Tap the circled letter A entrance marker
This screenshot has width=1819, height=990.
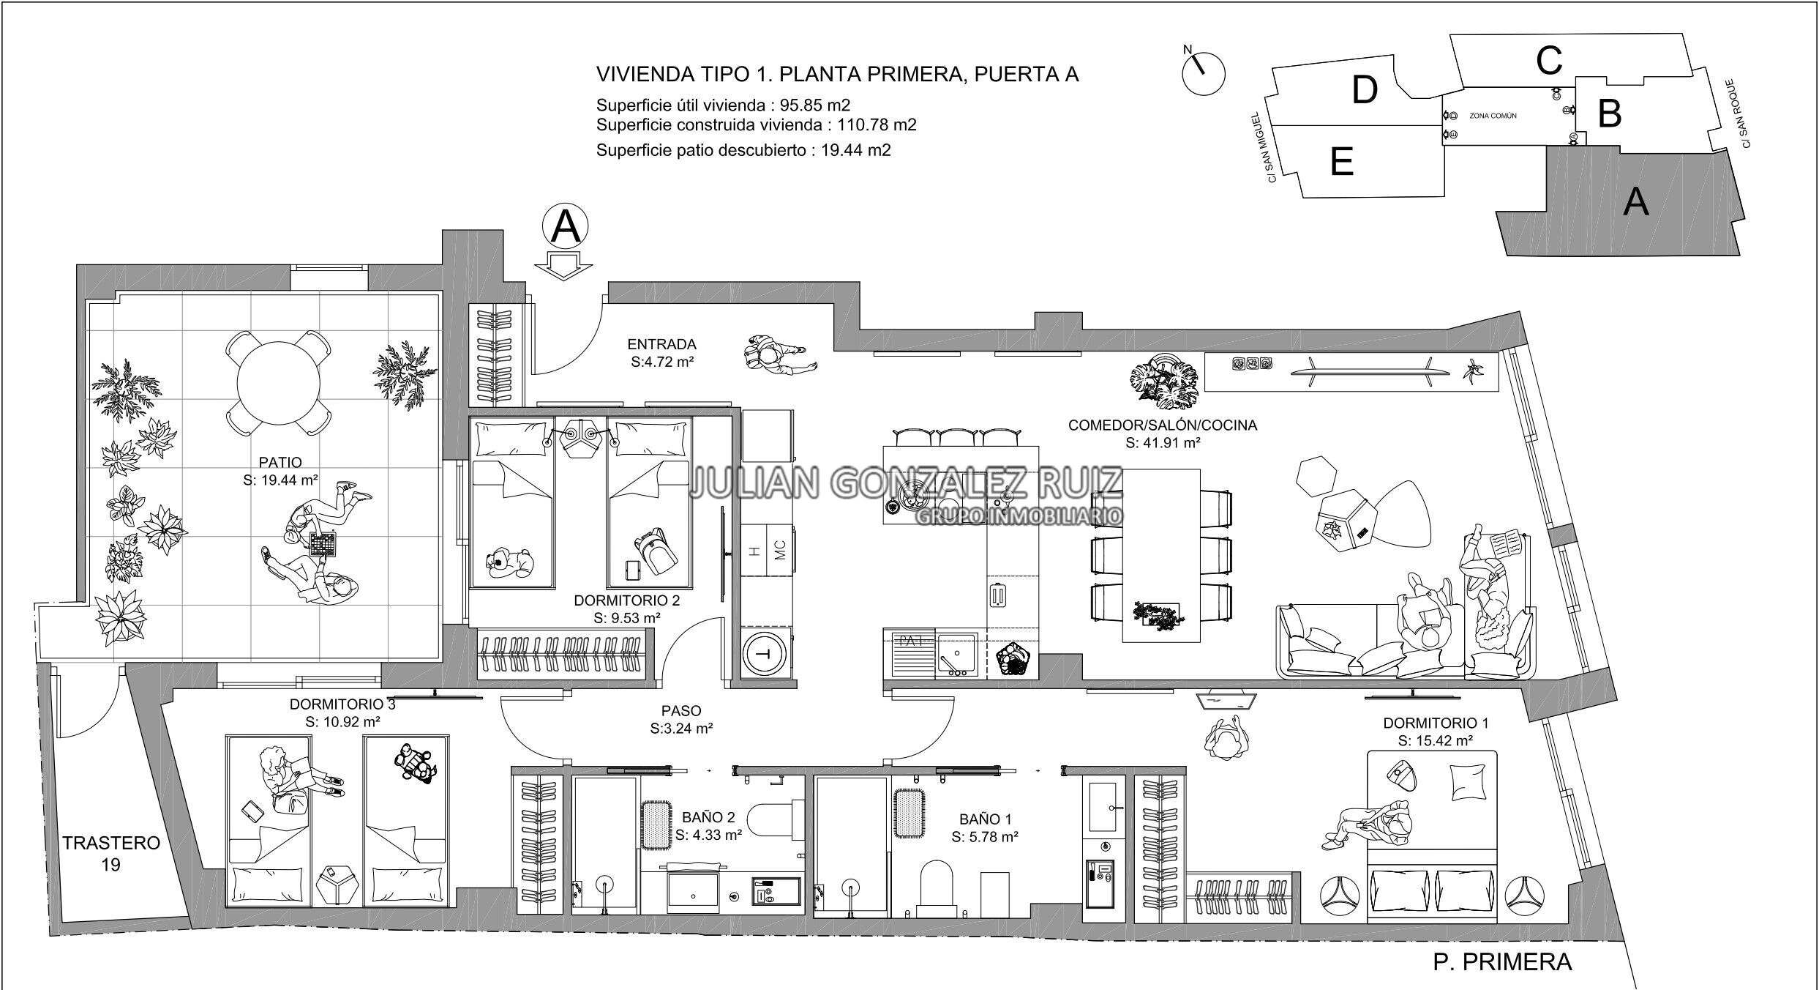[x=566, y=227]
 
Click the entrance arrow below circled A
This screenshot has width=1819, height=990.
[x=562, y=265]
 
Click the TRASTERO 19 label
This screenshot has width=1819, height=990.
[x=110, y=854]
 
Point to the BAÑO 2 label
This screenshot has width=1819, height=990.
[x=708, y=826]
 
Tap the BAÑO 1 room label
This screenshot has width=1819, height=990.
[x=985, y=827]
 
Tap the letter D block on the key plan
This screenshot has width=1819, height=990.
[x=1365, y=91]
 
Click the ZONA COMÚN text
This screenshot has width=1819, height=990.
[x=1493, y=116]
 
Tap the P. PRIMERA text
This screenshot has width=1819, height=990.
[x=1502, y=961]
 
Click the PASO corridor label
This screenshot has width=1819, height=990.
[x=681, y=719]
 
